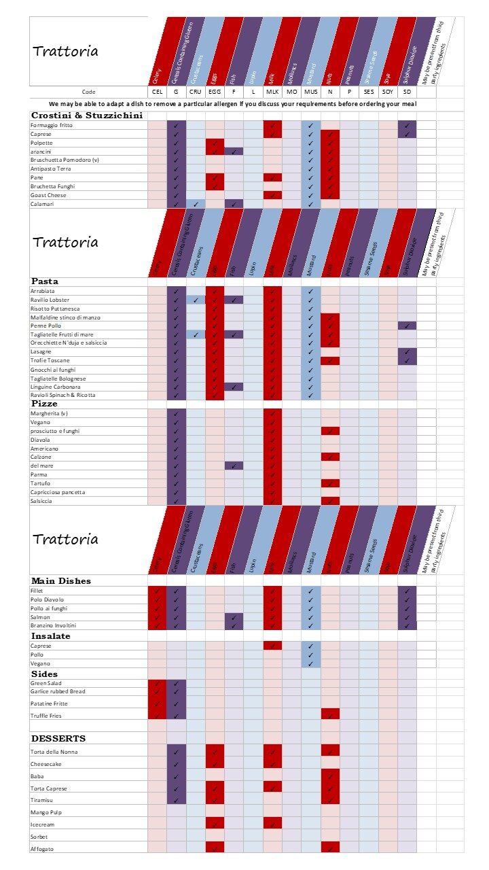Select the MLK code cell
click(x=272, y=91)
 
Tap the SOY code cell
click(x=388, y=91)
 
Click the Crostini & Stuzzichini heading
click(x=87, y=116)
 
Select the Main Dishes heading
click(x=61, y=581)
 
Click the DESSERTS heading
click(x=58, y=738)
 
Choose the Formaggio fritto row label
click(x=52, y=126)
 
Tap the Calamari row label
click(x=42, y=203)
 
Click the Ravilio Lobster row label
click(x=50, y=300)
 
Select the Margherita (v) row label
click(x=50, y=413)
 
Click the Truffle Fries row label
click(x=48, y=716)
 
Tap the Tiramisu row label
click(x=42, y=800)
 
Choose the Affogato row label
click(x=42, y=849)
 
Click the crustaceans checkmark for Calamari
click(x=196, y=203)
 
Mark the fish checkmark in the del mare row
click(x=234, y=466)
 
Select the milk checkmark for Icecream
click(x=272, y=824)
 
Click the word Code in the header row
click(x=89, y=91)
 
